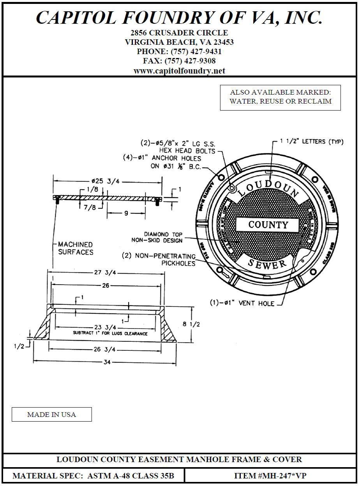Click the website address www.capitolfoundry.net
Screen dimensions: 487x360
[179, 71]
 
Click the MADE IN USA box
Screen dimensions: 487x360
[51, 415]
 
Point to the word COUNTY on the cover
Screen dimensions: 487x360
[268, 225]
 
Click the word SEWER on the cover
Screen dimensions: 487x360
[267, 264]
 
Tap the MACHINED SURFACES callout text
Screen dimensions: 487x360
[76, 248]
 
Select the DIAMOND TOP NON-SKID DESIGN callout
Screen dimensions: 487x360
[163, 237]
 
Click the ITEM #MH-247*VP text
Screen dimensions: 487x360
[270, 476]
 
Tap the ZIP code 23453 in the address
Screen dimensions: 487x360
[221, 42]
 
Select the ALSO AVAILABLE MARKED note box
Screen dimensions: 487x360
[280, 97]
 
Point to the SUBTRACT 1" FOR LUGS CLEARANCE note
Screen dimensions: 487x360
[110, 334]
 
